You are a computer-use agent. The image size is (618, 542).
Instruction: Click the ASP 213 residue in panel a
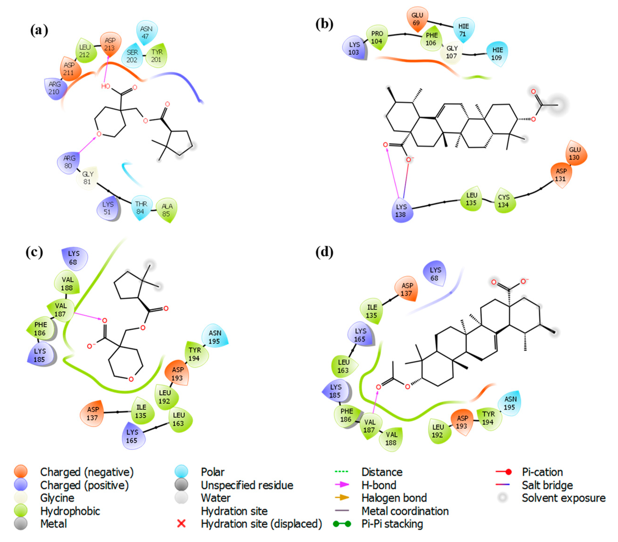click(x=110, y=44)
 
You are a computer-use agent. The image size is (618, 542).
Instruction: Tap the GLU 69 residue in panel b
click(x=417, y=19)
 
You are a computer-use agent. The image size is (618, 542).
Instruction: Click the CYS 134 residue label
click(x=504, y=201)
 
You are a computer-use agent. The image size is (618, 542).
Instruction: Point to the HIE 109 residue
click(x=497, y=54)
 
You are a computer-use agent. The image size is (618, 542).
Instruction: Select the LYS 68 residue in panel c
click(x=74, y=258)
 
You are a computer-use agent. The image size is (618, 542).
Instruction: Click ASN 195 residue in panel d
click(x=510, y=403)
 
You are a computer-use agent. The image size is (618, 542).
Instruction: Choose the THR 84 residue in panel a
click(x=141, y=208)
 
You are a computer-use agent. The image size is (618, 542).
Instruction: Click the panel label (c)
click(x=34, y=252)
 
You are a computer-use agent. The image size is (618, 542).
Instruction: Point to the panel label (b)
click(x=324, y=24)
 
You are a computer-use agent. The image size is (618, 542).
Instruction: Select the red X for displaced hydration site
click(x=181, y=524)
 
